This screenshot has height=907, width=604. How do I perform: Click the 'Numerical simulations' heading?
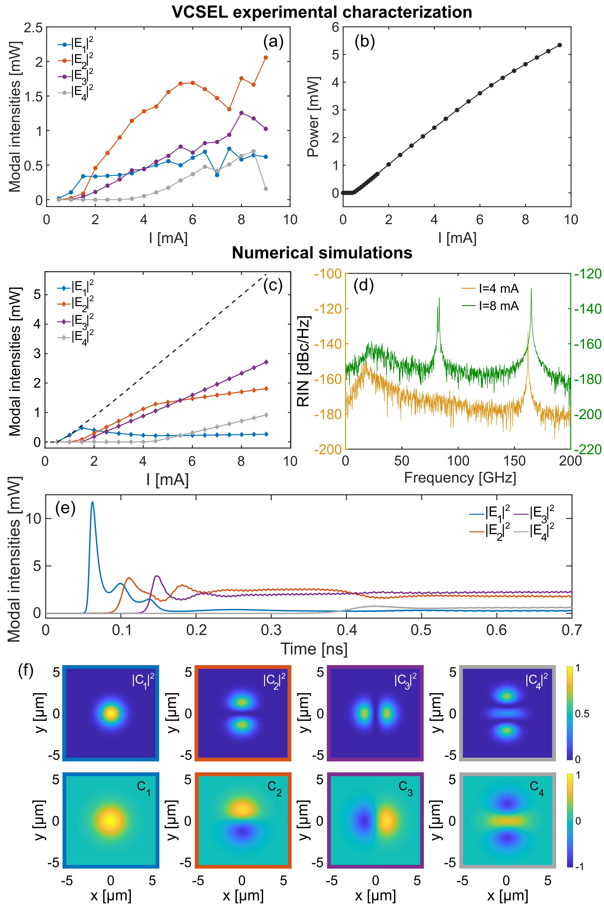322,253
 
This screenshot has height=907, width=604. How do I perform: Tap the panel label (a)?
273,41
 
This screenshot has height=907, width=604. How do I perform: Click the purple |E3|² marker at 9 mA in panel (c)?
266,362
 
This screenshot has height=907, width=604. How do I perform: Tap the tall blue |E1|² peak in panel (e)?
92,502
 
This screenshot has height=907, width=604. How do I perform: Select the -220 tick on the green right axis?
588,449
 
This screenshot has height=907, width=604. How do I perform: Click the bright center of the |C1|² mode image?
111,713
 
